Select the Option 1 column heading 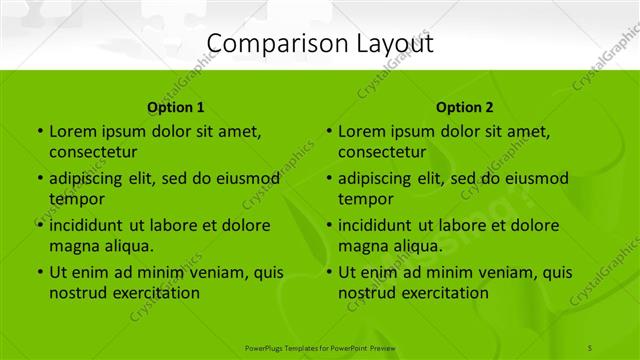[176, 107]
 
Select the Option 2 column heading [465, 107]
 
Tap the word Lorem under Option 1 [72, 131]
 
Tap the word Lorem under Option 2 [361, 131]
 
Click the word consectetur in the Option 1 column [93, 152]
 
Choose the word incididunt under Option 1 [87, 225]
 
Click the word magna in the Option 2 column [362, 246]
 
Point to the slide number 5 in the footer [592, 346]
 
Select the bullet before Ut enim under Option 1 [38, 272]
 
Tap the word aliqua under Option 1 [125, 246]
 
